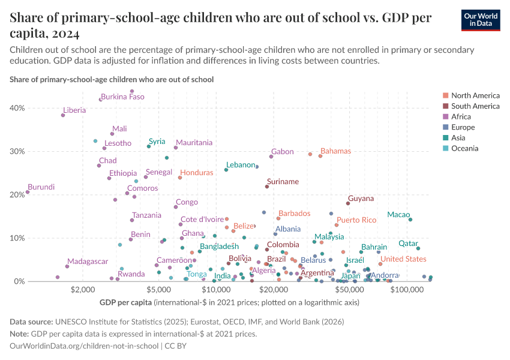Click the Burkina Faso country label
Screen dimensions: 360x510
[x=122, y=97]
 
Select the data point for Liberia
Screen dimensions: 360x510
[x=63, y=115]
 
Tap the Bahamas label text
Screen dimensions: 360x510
[x=335, y=151]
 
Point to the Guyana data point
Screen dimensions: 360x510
[x=348, y=203]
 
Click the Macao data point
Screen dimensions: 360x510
[x=410, y=220]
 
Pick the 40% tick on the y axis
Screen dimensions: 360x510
[x=17, y=108]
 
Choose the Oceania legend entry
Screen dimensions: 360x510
[x=464, y=149]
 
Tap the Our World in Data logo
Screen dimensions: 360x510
[x=481, y=20]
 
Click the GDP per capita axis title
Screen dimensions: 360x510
[x=125, y=302]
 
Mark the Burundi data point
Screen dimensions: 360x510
[x=28, y=193]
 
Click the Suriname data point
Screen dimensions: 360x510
[x=267, y=187]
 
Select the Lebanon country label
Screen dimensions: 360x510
[x=241, y=165]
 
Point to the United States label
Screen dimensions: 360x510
[x=403, y=259]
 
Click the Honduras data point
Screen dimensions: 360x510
[x=180, y=178]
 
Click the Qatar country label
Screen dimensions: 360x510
[x=408, y=244]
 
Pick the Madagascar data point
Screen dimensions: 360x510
[x=67, y=266]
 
